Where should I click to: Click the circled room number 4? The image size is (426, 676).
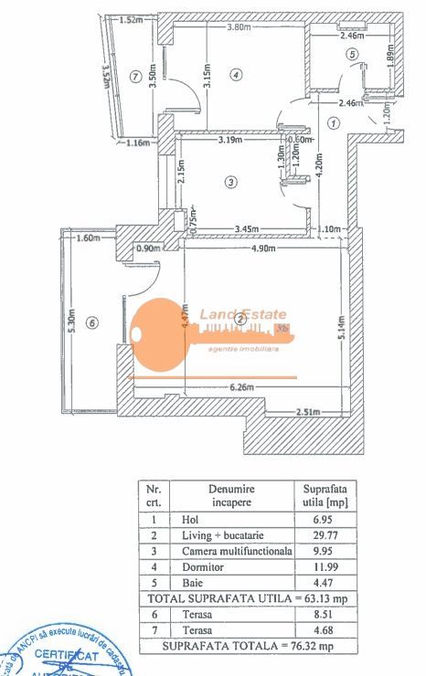(x=236, y=75)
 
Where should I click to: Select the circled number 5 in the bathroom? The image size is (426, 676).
(x=352, y=54)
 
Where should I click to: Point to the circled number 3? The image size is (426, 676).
(x=231, y=183)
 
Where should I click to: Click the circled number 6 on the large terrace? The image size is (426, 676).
(x=91, y=321)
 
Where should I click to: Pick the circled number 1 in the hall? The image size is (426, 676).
(x=334, y=121)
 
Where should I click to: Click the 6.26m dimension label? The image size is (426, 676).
(x=240, y=387)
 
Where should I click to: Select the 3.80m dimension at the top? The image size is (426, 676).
(x=240, y=26)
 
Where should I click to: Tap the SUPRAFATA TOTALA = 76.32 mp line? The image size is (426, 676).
(x=246, y=646)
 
